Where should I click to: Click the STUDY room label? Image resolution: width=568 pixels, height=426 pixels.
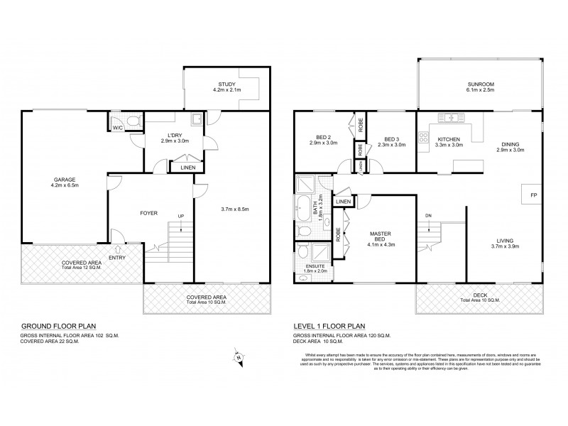pyautogui.click(x=226, y=84)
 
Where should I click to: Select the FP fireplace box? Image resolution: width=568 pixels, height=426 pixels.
pyautogui.click(x=532, y=193)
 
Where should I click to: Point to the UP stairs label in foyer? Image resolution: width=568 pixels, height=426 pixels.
pyautogui.click(x=181, y=216)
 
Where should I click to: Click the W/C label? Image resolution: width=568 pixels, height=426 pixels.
pyautogui.click(x=116, y=129)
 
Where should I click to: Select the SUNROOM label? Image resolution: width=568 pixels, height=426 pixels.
pyautogui.click(x=480, y=84)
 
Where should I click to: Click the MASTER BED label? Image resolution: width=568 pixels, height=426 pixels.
pyautogui.click(x=380, y=233)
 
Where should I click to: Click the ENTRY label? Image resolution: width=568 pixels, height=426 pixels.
pyautogui.click(x=118, y=258)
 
